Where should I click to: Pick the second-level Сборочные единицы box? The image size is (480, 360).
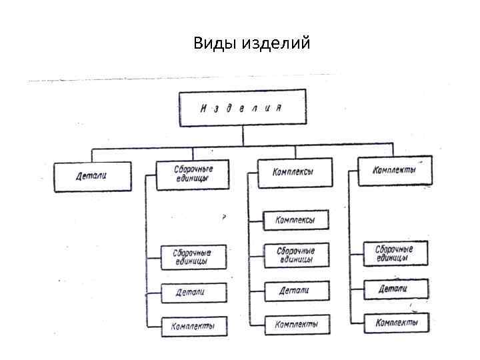193,174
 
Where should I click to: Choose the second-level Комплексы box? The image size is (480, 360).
293,173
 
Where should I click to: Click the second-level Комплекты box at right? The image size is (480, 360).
395,171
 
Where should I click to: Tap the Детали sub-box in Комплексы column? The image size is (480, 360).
296,291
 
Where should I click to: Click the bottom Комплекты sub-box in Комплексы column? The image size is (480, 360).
296,325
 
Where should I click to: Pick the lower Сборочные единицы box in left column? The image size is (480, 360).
193,257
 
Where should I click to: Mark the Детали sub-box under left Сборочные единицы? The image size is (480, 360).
193,292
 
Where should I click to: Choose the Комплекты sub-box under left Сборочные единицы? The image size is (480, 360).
193,326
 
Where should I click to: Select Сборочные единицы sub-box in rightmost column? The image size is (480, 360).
395,253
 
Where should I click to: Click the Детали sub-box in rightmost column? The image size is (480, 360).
395,289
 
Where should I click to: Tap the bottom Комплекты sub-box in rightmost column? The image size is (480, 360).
395,323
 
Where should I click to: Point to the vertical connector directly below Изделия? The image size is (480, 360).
243,137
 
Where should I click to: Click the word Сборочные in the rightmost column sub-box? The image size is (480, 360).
394,249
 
